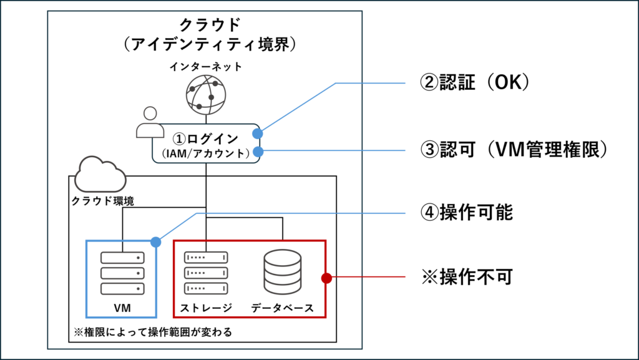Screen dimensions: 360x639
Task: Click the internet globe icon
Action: (205, 94)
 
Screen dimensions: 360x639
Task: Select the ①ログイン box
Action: (206, 144)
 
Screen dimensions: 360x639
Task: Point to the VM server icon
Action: (122, 273)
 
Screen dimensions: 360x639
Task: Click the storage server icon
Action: (205, 273)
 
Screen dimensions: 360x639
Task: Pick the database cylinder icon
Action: (282, 273)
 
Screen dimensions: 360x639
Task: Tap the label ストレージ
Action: (205, 308)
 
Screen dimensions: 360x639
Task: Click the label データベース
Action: (282, 308)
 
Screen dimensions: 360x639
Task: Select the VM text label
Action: (122, 308)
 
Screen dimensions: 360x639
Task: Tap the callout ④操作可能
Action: (467, 213)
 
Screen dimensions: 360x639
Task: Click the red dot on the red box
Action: (326, 278)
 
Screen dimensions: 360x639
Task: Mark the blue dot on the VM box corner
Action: (155, 241)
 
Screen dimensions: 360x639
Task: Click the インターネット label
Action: (205, 66)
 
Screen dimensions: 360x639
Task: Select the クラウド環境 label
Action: (102, 202)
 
